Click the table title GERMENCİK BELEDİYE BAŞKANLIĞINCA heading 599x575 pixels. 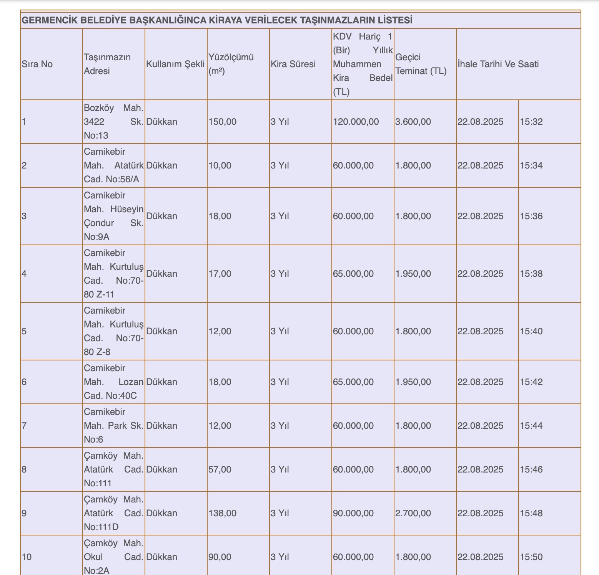tap(217, 20)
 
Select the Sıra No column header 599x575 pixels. tap(37, 64)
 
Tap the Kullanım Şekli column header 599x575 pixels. tap(175, 64)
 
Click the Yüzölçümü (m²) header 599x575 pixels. tap(231, 64)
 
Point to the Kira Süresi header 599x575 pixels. tap(293, 64)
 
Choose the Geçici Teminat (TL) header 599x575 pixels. tap(421, 64)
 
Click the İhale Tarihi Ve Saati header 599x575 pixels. tap(498, 64)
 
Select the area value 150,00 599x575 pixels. tap(223, 122)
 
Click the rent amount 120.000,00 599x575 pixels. tap(356, 122)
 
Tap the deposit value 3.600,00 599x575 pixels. tap(413, 122)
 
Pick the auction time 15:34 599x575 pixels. tap(531, 165)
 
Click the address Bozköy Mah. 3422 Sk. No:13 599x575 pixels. tap(113, 122)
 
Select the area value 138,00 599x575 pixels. tap(223, 513)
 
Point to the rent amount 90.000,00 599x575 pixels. tap(353, 513)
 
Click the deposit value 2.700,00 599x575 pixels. tap(413, 513)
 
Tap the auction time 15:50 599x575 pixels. tap(531, 557)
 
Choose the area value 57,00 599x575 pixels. tap(220, 469)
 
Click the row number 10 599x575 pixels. tap(27, 557)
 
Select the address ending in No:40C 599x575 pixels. tap(113, 382)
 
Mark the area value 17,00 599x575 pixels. tap(220, 274)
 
